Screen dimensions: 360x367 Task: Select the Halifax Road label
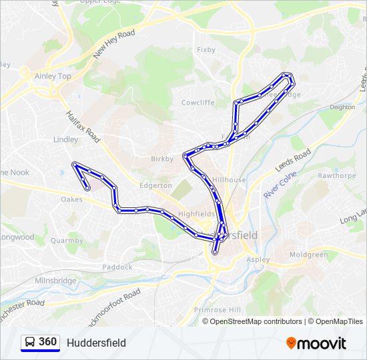[x=83, y=127]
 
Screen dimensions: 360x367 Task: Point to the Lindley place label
[x=65, y=139]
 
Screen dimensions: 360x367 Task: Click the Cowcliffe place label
[x=198, y=103]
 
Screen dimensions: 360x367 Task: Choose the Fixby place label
[x=206, y=49]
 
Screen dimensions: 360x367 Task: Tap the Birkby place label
[x=162, y=159]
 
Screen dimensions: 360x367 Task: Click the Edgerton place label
[x=156, y=185]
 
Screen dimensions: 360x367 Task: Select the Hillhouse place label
[x=230, y=180]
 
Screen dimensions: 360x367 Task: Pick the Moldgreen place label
[x=308, y=255]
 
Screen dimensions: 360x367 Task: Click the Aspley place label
[x=258, y=259]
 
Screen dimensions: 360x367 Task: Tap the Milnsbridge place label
[x=55, y=281]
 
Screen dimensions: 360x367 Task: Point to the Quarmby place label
[x=67, y=241]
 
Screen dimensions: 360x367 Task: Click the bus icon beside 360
[x=30, y=342]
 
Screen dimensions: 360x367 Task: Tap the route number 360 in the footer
[x=47, y=342]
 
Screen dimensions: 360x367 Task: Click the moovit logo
[x=316, y=343]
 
